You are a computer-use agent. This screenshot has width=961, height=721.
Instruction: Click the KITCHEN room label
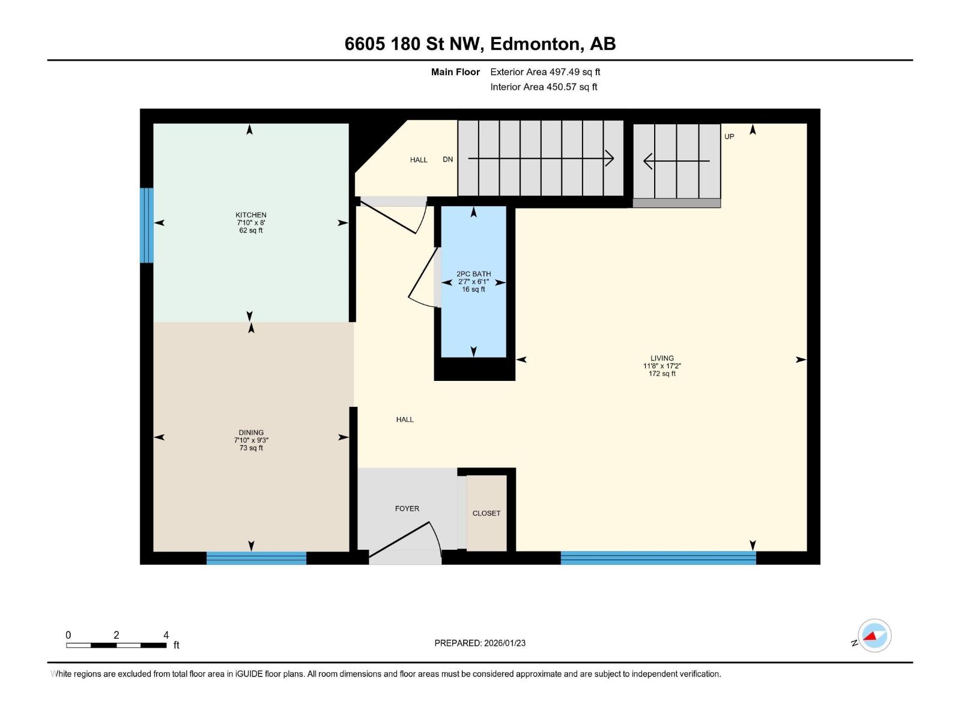click(x=251, y=215)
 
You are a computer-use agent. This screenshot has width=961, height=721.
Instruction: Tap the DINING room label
click(x=251, y=433)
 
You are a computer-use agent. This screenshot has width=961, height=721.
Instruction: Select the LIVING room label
click(x=662, y=358)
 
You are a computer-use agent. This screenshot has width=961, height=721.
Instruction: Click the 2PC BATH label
click(x=473, y=274)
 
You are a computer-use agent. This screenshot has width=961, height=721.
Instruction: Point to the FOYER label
click(x=407, y=508)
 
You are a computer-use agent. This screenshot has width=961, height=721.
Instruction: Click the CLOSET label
click(x=486, y=513)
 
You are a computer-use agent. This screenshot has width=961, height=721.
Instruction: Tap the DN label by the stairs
click(x=447, y=159)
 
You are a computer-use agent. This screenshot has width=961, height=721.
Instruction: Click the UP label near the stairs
click(x=729, y=136)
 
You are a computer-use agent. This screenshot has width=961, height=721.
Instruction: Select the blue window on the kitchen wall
click(x=147, y=225)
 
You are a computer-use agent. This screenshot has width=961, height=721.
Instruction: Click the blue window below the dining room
click(x=256, y=558)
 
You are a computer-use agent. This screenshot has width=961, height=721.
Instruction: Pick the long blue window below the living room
click(x=658, y=558)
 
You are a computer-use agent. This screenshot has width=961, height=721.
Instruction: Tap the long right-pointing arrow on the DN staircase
click(x=541, y=159)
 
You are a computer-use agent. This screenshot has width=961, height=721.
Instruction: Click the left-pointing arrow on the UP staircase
click(x=676, y=161)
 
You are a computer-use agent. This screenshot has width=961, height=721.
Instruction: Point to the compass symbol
click(x=874, y=636)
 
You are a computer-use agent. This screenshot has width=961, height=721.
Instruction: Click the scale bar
click(x=117, y=645)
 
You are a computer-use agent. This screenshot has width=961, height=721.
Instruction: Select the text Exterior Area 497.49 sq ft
click(x=545, y=72)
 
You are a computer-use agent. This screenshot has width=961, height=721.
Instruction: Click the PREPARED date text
click(x=480, y=643)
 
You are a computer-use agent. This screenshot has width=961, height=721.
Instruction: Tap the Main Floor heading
click(x=455, y=72)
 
